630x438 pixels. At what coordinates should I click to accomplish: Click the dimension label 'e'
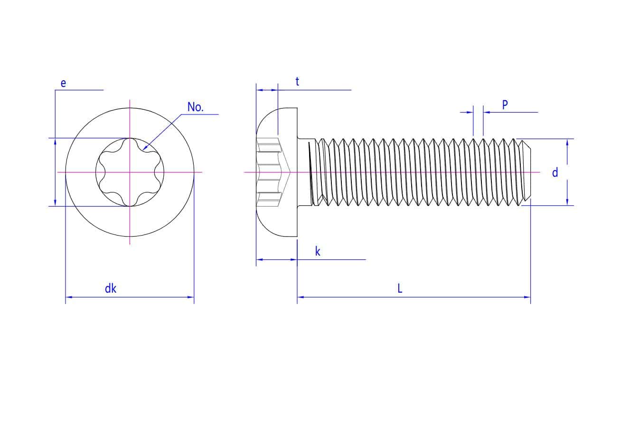tap(63, 83)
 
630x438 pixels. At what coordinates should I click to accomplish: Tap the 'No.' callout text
tap(196, 107)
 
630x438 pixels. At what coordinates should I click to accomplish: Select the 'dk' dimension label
tap(111, 288)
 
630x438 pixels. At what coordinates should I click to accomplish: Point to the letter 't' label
tap(297, 81)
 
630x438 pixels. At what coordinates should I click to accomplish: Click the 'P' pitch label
tap(505, 105)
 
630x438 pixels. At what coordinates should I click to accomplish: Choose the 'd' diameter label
tap(555, 172)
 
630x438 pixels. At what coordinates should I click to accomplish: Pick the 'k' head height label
tap(318, 251)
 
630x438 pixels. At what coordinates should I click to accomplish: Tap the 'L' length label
tap(400, 288)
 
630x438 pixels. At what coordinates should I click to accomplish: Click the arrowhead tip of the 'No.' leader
tap(143, 150)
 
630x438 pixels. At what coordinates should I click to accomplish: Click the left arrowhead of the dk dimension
tap(66, 297)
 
